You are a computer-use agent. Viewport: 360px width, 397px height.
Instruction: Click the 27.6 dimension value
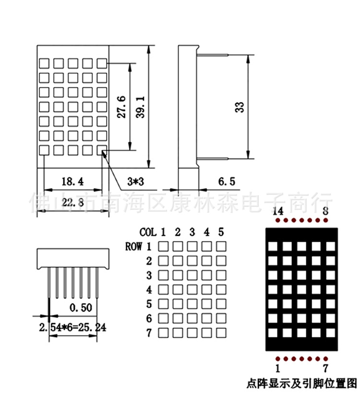(122, 107)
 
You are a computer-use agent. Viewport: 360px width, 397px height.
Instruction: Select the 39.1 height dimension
(141, 107)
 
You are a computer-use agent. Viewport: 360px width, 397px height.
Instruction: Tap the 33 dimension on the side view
(240, 107)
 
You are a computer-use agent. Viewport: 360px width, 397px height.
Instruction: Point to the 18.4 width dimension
(72, 181)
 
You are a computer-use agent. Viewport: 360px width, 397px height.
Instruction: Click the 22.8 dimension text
(72, 202)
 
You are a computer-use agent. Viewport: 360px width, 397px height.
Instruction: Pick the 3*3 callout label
(136, 181)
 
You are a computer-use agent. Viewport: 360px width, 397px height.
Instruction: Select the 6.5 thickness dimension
(227, 181)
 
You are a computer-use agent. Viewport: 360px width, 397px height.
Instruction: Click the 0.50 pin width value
(81, 308)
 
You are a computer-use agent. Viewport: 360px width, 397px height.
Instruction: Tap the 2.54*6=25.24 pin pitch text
(73, 327)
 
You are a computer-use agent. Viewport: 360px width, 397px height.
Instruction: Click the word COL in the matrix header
(148, 232)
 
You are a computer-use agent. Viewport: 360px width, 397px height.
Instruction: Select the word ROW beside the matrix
(133, 247)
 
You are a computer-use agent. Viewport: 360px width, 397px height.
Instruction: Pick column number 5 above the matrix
(221, 232)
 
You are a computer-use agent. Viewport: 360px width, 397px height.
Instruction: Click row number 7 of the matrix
(149, 333)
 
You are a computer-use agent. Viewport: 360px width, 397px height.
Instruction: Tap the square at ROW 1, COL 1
(163, 246)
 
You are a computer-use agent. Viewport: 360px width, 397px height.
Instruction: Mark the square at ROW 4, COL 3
(192, 289)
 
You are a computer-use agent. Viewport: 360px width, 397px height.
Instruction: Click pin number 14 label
(278, 211)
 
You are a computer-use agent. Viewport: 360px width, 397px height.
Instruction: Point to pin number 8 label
(325, 211)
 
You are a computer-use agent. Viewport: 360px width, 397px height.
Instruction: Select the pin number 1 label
(278, 368)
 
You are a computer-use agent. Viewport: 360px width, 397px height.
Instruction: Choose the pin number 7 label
(325, 368)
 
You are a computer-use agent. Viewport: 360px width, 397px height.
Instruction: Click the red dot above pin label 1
(278, 359)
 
